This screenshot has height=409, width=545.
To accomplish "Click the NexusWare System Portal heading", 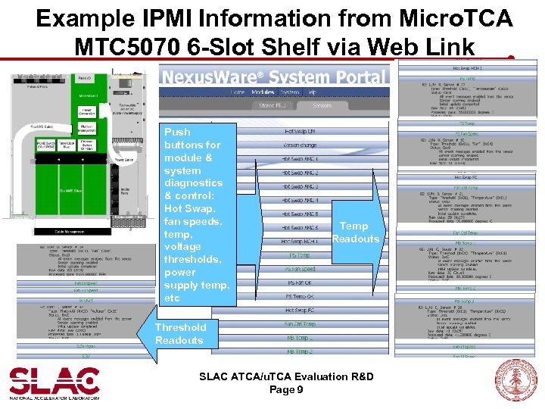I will click(273, 76).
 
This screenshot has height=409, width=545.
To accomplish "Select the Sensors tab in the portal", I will click(322, 105).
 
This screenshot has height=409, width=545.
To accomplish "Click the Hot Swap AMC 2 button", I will click(300, 173).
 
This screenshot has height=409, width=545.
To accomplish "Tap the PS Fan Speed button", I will click(300, 269).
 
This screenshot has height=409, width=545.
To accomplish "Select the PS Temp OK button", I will click(300, 296).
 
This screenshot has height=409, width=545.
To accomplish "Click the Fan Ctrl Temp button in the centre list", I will click(300, 324).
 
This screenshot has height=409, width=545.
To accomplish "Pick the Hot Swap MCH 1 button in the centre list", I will click(300, 241).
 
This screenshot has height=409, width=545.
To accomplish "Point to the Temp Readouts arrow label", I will click(354, 233).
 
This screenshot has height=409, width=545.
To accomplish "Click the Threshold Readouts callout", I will click(179, 334).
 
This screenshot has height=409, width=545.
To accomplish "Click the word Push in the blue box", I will click(178, 132).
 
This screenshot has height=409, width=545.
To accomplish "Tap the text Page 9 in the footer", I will click(286, 390).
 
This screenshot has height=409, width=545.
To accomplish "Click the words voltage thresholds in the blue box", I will click(190, 253).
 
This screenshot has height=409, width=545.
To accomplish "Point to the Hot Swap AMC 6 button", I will click(300, 227).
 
